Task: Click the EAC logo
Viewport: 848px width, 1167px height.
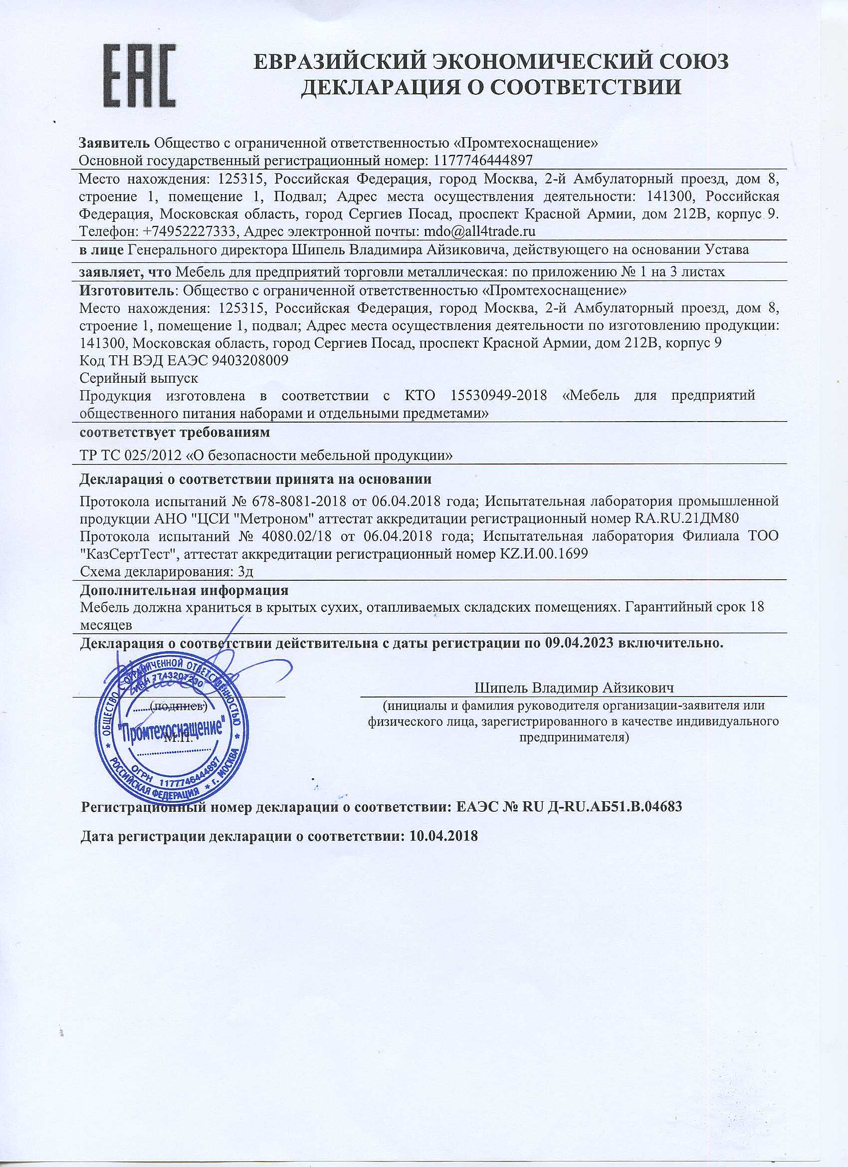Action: [141, 77]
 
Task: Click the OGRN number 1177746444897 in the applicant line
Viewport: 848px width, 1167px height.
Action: [483, 161]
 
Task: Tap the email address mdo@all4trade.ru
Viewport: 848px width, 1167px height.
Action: [479, 232]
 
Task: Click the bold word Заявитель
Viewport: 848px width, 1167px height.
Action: [114, 143]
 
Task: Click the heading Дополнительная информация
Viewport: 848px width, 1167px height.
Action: [184, 590]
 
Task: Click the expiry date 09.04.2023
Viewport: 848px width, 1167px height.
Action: [578, 644]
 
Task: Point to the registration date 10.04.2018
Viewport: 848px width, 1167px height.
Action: [443, 836]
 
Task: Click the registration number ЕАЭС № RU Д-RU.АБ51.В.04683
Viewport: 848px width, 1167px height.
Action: [569, 806]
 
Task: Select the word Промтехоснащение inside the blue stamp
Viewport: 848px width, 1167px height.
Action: [173, 729]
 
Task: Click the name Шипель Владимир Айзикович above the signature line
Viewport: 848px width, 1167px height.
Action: [574, 688]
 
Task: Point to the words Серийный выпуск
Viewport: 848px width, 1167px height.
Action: [139, 378]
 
